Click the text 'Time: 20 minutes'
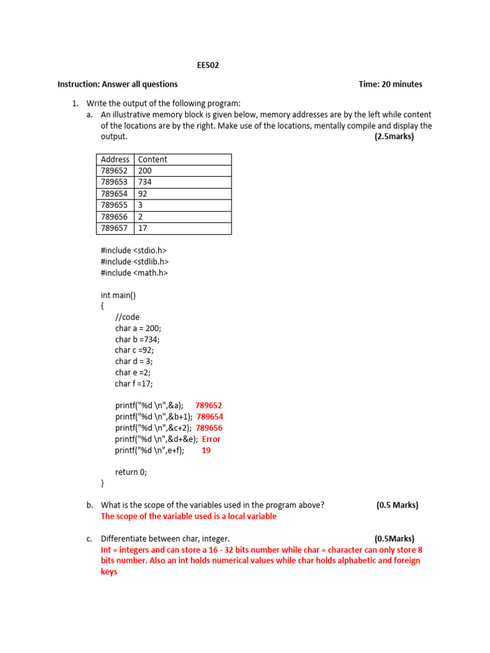[390, 84]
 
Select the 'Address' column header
[115, 159]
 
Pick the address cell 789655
[114, 205]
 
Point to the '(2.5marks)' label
[394, 136]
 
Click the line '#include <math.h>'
[134, 273]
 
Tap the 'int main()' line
[118, 295]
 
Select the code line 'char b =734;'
[138, 340]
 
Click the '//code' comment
[127, 317]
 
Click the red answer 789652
[209, 406]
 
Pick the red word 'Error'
[211, 439]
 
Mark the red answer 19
[206, 450]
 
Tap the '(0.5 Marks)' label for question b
[397, 505]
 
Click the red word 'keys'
[109, 572]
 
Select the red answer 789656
[209, 428]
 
